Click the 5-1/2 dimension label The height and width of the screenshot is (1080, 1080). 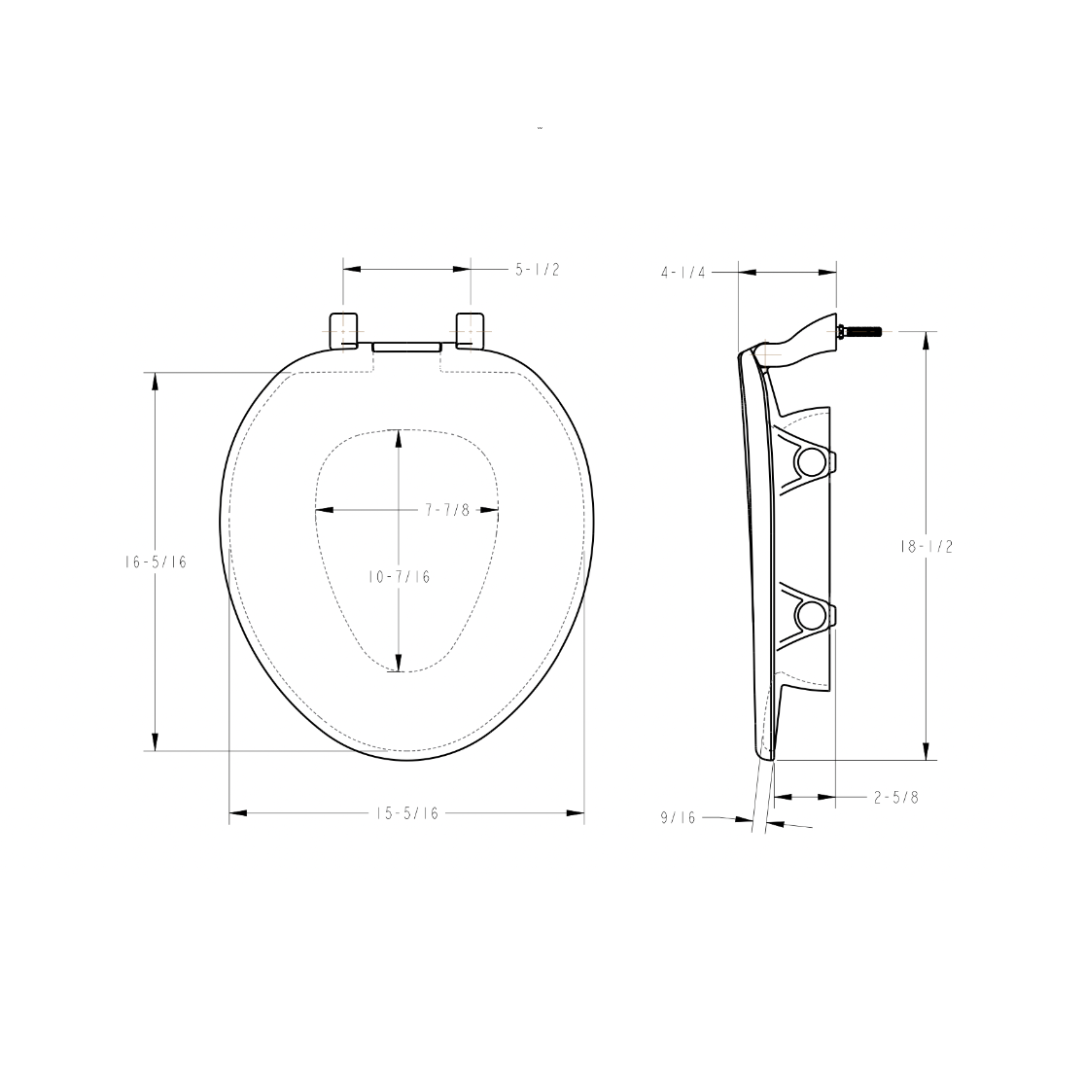[537, 270]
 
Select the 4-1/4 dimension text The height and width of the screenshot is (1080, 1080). [683, 272]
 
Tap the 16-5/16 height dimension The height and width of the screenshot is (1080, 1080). [149, 562]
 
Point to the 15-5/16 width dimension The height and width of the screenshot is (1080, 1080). [407, 813]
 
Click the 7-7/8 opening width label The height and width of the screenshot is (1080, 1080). [447, 510]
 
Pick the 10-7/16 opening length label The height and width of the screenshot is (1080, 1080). [399, 577]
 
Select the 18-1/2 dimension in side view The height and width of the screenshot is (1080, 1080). [925, 546]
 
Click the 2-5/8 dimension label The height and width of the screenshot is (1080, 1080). [896, 797]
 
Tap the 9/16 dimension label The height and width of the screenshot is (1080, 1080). [677, 818]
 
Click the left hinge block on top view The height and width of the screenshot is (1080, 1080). [343, 329]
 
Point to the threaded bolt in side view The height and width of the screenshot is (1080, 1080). [863, 331]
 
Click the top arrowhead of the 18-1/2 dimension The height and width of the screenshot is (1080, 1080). [925, 340]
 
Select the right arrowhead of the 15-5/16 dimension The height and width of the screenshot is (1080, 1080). [576, 813]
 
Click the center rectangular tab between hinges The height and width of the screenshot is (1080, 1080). [406, 345]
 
